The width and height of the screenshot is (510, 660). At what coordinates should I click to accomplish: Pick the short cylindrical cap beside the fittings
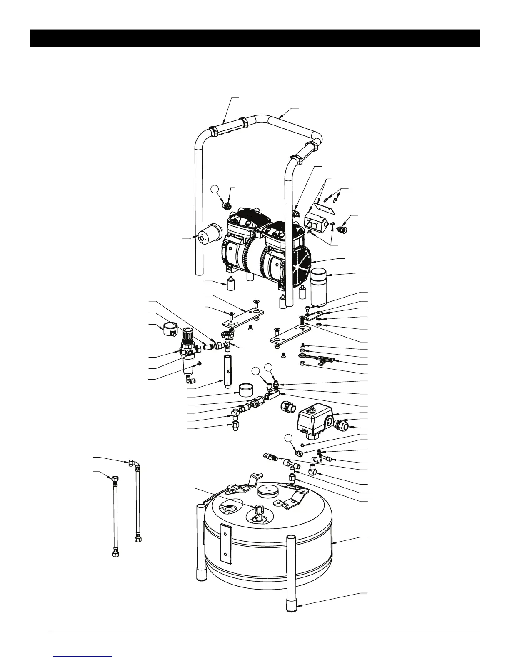(247, 392)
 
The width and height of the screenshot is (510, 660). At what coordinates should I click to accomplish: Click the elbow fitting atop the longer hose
(134, 463)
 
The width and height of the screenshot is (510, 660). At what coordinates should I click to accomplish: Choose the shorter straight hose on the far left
(116, 516)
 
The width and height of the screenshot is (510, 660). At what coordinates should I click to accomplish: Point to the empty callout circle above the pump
(215, 190)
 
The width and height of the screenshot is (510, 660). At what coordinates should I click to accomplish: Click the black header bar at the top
(255, 39)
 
